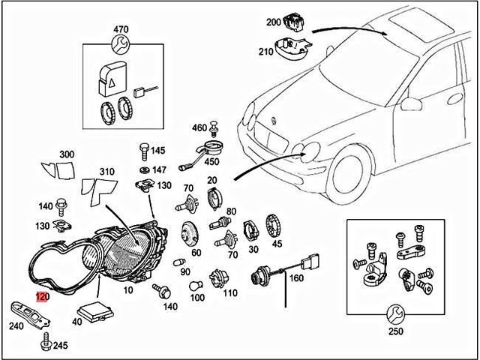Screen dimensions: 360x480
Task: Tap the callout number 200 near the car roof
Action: tap(272, 22)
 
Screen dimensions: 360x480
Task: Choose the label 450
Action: tap(211, 161)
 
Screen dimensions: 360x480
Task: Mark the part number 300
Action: tap(67, 154)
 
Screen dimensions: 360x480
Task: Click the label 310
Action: tap(106, 172)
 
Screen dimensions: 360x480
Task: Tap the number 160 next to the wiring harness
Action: tap(295, 278)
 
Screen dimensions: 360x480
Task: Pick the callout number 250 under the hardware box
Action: tap(394, 331)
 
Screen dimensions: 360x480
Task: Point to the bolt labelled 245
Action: tap(44, 345)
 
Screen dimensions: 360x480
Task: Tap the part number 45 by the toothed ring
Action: tap(277, 243)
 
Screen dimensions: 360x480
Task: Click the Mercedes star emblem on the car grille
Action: tap(273, 120)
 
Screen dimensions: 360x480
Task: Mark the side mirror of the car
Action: tap(411, 102)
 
